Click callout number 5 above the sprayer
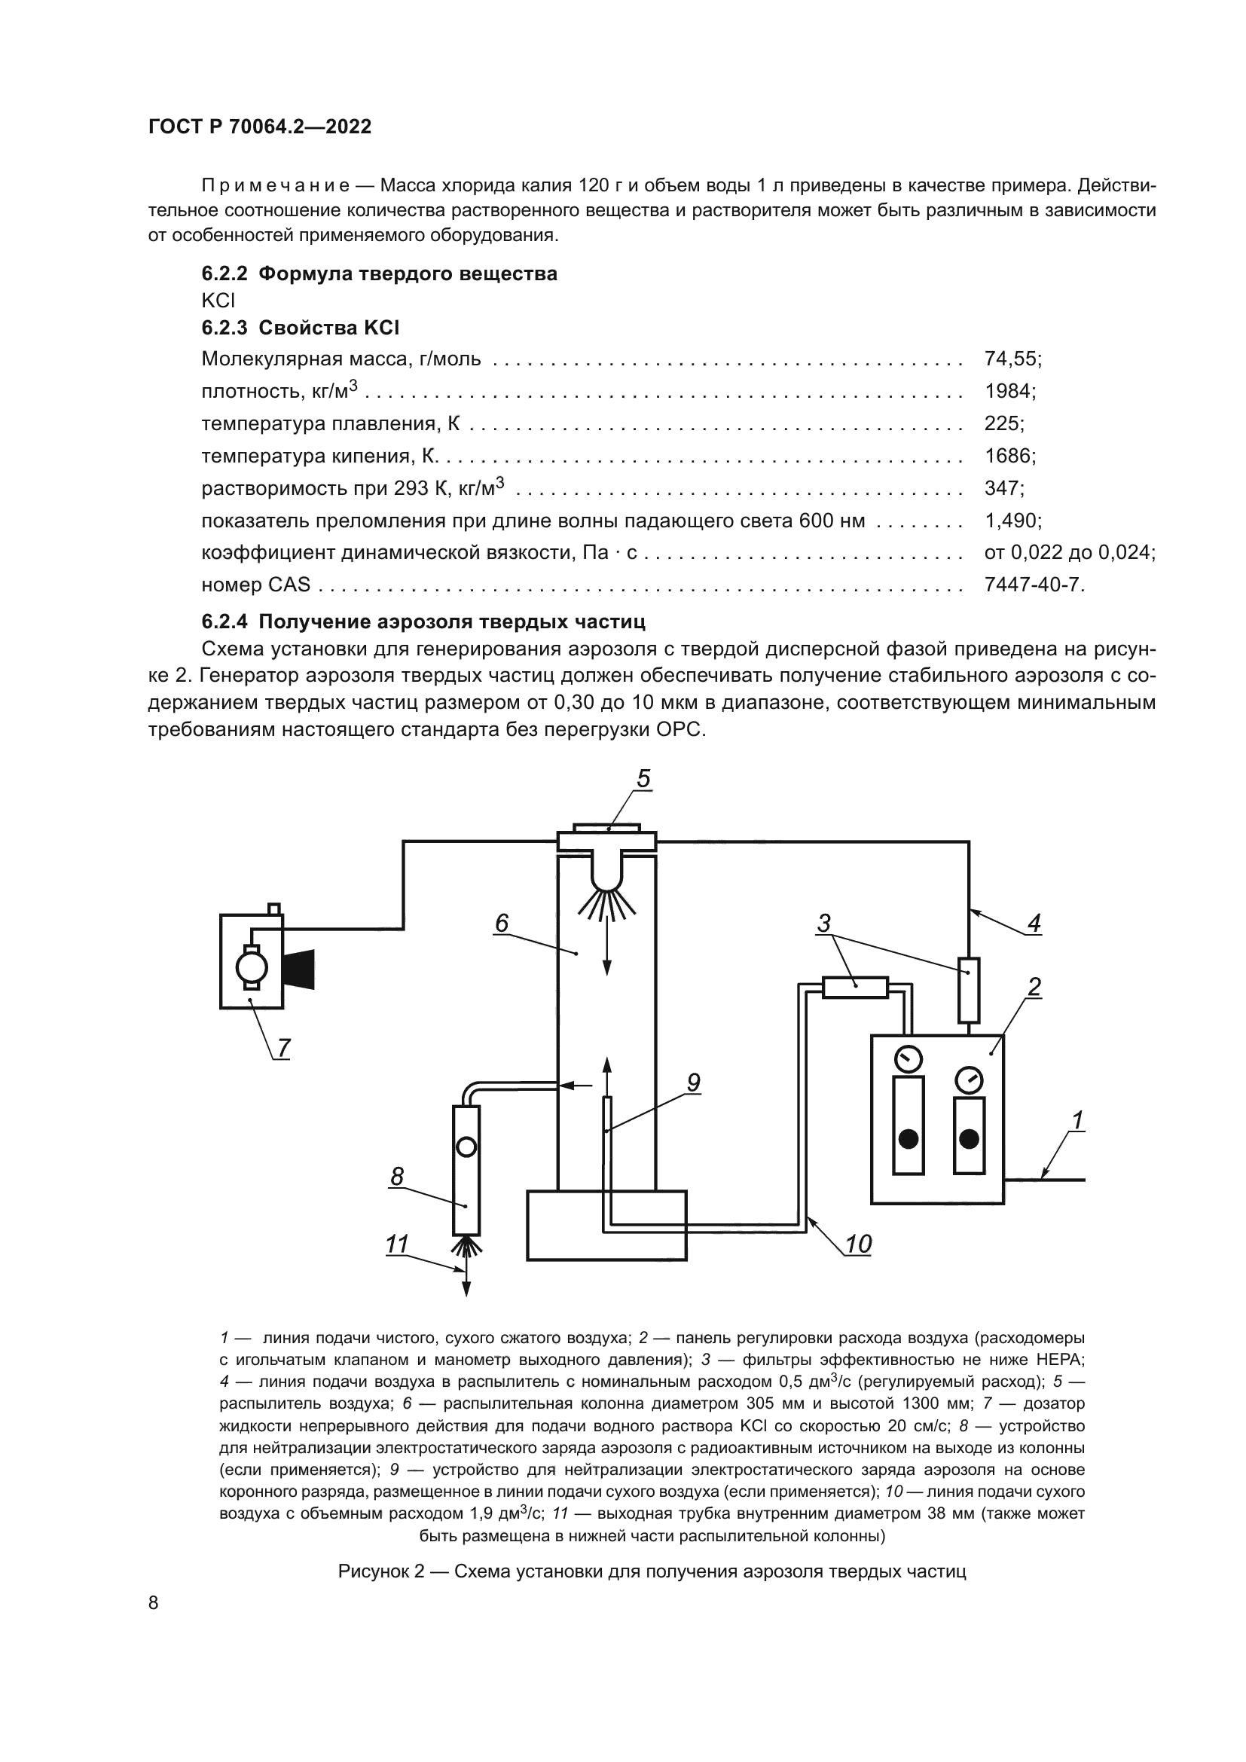pyautogui.click(x=643, y=779)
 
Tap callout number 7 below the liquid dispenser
pyautogui.click(x=284, y=1048)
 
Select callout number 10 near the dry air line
pyautogui.click(x=858, y=1244)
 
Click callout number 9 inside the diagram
pyautogui.click(x=693, y=1083)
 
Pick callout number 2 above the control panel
pyautogui.click(x=1034, y=987)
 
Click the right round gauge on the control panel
pyautogui.click(x=969, y=1080)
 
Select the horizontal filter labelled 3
pyautogui.click(x=855, y=987)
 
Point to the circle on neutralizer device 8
pyautogui.click(x=466, y=1147)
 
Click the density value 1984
pyautogui.click(x=1009, y=392)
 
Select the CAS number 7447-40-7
pyautogui.click(x=1034, y=585)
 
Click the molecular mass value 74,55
pyautogui.click(x=1012, y=359)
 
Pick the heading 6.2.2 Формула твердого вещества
pyautogui.click(x=379, y=274)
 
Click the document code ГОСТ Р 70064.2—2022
pyautogui.click(x=259, y=127)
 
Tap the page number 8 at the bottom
pyautogui.click(x=154, y=1602)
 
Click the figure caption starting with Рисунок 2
pyautogui.click(x=652, y=1571)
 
